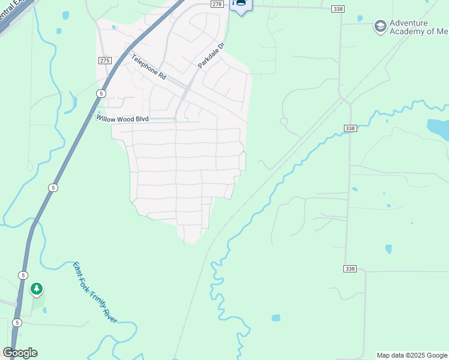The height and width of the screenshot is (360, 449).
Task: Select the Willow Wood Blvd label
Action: pyautogui.click(x=122, y=119)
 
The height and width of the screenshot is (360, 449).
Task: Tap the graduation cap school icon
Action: pyautogui.click(x=379, y=26)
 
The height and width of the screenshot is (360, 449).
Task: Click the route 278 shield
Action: pyautogui.click(x=217, y=4)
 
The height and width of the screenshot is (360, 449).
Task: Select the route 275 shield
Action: pyautogui.click(x=105, y=61)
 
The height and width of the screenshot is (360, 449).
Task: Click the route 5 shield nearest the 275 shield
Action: pyautogui.click(x=101, y=94)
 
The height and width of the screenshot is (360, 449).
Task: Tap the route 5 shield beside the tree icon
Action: pyautogui.click(x=23, y=275)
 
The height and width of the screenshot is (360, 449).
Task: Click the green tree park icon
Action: pyautogui.click(x=37, y=289)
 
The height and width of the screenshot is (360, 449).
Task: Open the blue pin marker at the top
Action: pyautogui.click(x=241, y=5)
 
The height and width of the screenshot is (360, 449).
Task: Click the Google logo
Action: pyautogui.click(x=20, y=353)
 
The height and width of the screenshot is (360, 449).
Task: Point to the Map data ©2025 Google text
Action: pyautogui.click(x=412, y=355)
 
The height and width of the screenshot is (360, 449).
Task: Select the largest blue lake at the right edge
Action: pyautogui.click(x=438, y=128)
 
